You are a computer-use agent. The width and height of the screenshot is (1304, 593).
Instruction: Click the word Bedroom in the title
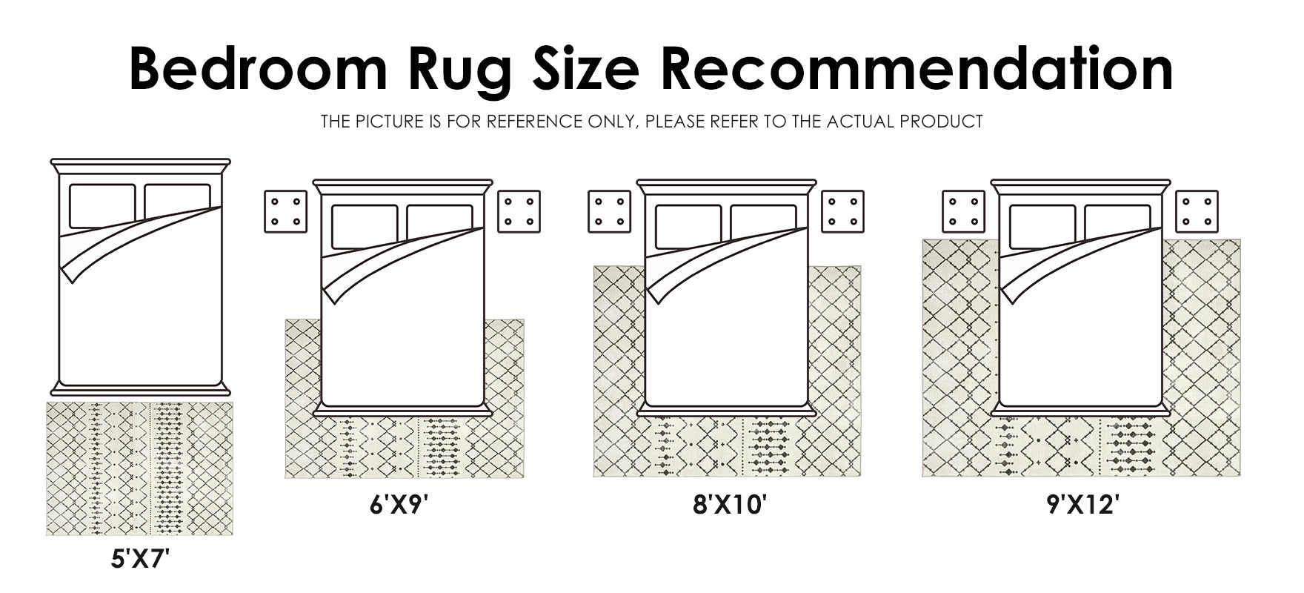coord(258,68)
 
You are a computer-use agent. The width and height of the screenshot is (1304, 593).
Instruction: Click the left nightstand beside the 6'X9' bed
coord(286,211)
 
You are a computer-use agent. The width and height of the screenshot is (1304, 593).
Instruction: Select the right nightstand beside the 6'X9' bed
coord(519,211)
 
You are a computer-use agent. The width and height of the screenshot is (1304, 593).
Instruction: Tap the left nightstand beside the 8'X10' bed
coord(610,211)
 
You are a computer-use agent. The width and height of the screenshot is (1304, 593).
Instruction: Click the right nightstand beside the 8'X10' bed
coord(842,211)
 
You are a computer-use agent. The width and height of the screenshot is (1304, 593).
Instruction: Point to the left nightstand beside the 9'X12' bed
coord(964,211)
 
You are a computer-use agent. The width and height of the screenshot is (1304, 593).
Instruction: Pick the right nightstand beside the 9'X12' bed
coord(1197,211)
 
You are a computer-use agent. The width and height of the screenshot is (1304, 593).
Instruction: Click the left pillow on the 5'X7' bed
coord(102,206)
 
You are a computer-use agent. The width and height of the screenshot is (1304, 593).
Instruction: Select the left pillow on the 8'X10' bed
coord(688,226)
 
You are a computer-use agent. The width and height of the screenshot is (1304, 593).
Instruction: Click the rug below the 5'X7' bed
coord(139,468)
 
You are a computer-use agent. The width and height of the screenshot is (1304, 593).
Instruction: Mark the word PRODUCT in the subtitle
coord(942,121)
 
